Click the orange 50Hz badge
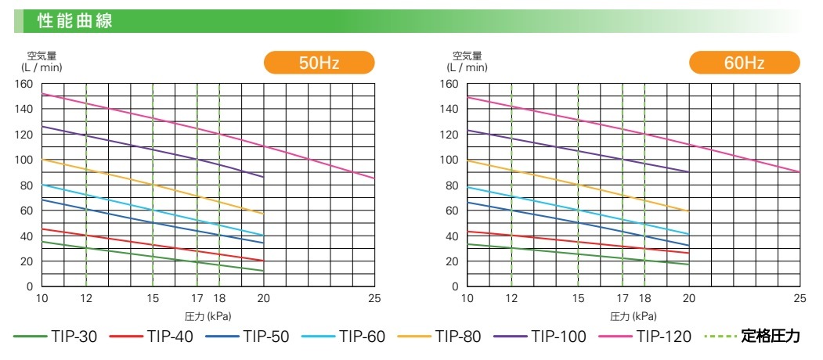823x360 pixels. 319,63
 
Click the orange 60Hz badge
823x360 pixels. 744,63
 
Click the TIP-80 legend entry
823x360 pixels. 439,337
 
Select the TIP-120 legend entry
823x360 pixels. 644,337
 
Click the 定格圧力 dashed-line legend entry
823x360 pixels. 753,337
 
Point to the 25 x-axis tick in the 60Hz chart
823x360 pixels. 800,298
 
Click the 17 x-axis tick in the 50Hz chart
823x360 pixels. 197,298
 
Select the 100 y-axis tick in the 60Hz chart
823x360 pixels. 449,160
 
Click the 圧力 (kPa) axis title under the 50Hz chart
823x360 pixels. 208,316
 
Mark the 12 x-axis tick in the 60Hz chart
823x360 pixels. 511,298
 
